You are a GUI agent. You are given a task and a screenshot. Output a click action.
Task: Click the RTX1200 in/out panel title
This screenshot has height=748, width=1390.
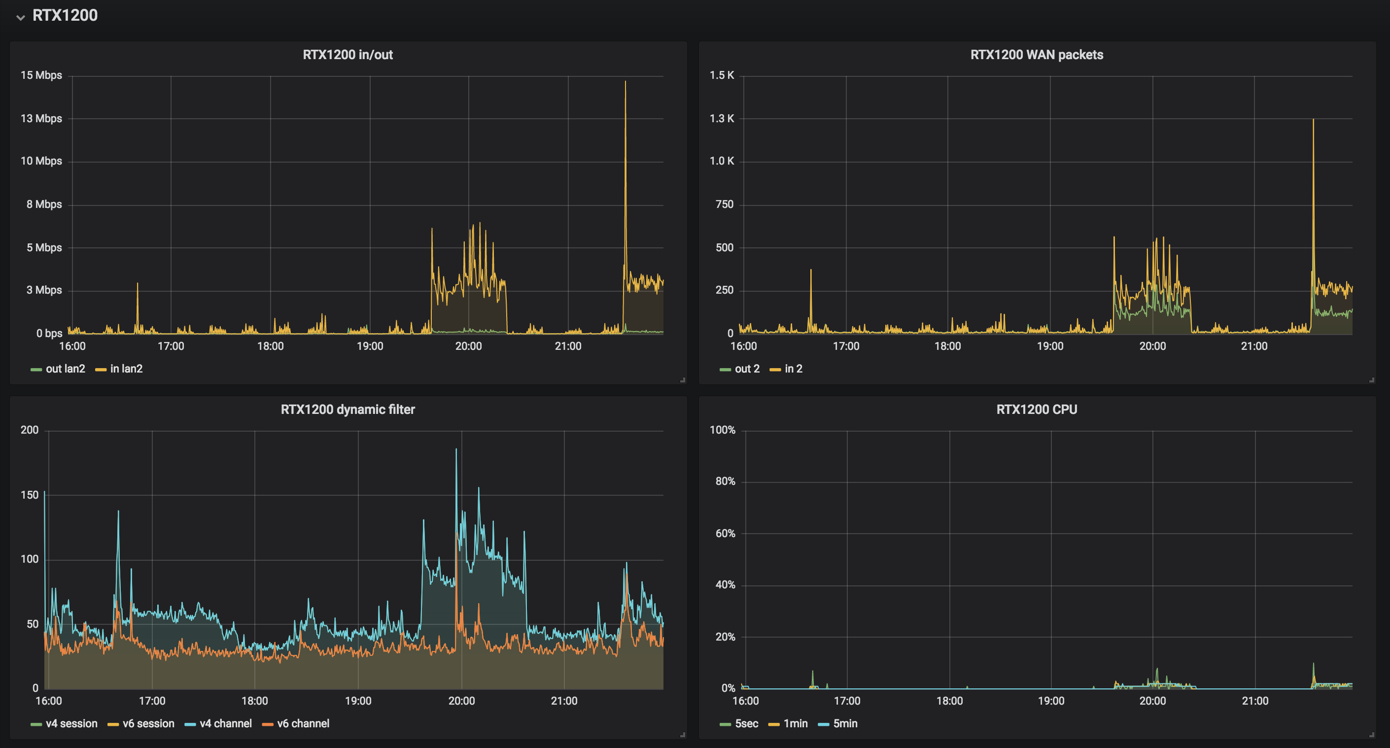(x=347, y=55)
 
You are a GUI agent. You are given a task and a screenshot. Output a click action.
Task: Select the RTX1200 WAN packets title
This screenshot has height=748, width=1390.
(x=1036, y=55)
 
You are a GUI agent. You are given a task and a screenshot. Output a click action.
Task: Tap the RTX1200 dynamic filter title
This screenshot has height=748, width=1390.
(x=347, y=409)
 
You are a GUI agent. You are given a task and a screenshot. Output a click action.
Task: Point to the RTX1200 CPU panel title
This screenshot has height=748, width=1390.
(x=1036, y=409)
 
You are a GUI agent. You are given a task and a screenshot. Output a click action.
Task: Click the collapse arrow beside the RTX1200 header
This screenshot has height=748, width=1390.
(x=21, y=17)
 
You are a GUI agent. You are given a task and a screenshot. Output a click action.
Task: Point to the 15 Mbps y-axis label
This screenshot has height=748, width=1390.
(x=41, y=75)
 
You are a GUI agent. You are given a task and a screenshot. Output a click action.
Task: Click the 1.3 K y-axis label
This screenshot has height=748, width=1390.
(x=722, y=119)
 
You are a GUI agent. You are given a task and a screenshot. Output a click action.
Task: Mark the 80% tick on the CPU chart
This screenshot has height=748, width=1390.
(x=725, y=481)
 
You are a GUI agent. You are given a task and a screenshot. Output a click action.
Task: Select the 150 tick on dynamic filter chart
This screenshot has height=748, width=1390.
(x=30, y=495)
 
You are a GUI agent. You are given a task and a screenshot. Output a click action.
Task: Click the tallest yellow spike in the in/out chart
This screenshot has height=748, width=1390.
(x=625, y=82)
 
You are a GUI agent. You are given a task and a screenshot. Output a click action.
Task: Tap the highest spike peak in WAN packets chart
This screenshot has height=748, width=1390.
(x=1313, y=120)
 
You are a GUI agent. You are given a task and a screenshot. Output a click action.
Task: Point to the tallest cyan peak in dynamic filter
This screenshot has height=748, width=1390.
(x=456, y=450)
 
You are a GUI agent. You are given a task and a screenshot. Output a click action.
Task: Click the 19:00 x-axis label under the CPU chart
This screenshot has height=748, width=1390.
(x=1050, y=701)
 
